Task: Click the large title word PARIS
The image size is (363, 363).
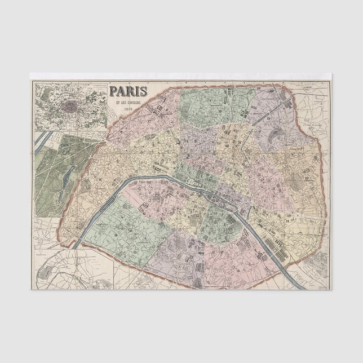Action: coord(129,91)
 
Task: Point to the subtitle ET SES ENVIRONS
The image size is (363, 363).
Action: coord(129,102)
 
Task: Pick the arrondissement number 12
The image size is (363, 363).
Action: coord(287,220)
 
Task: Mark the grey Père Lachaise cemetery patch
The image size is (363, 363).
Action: coord(295,181)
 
